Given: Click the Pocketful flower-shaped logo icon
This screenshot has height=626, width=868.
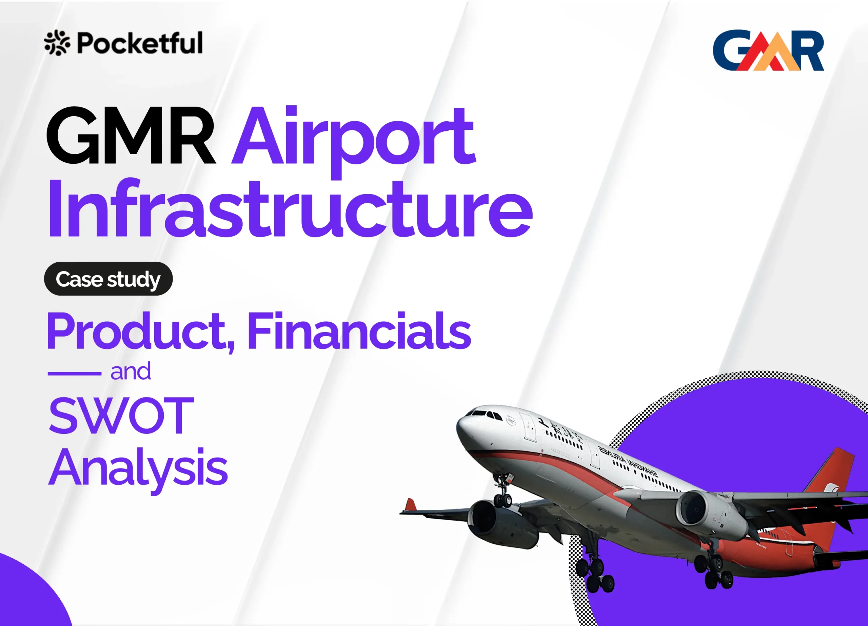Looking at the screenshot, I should click(x=57, y=42).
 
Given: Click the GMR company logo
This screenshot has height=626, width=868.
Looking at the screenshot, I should click(x=768, y=51).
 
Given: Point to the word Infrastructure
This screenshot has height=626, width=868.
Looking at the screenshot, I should click(x=290, y=208).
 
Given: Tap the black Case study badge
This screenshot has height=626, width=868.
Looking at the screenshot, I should click(x=108, y=279).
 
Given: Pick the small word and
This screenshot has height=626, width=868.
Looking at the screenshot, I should click(x=131, y=371).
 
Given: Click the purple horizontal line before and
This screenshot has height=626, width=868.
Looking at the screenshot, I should click(x=74, y=373).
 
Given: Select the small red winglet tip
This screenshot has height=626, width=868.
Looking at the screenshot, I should click(x=411, y=505).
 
